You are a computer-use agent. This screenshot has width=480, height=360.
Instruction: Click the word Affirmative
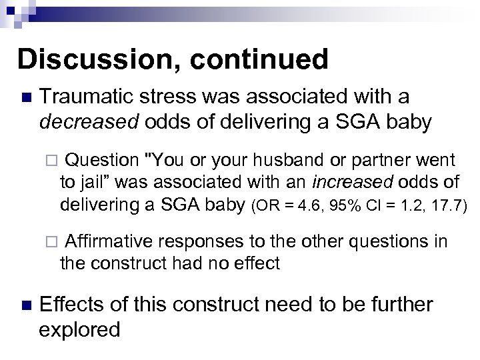109,241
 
